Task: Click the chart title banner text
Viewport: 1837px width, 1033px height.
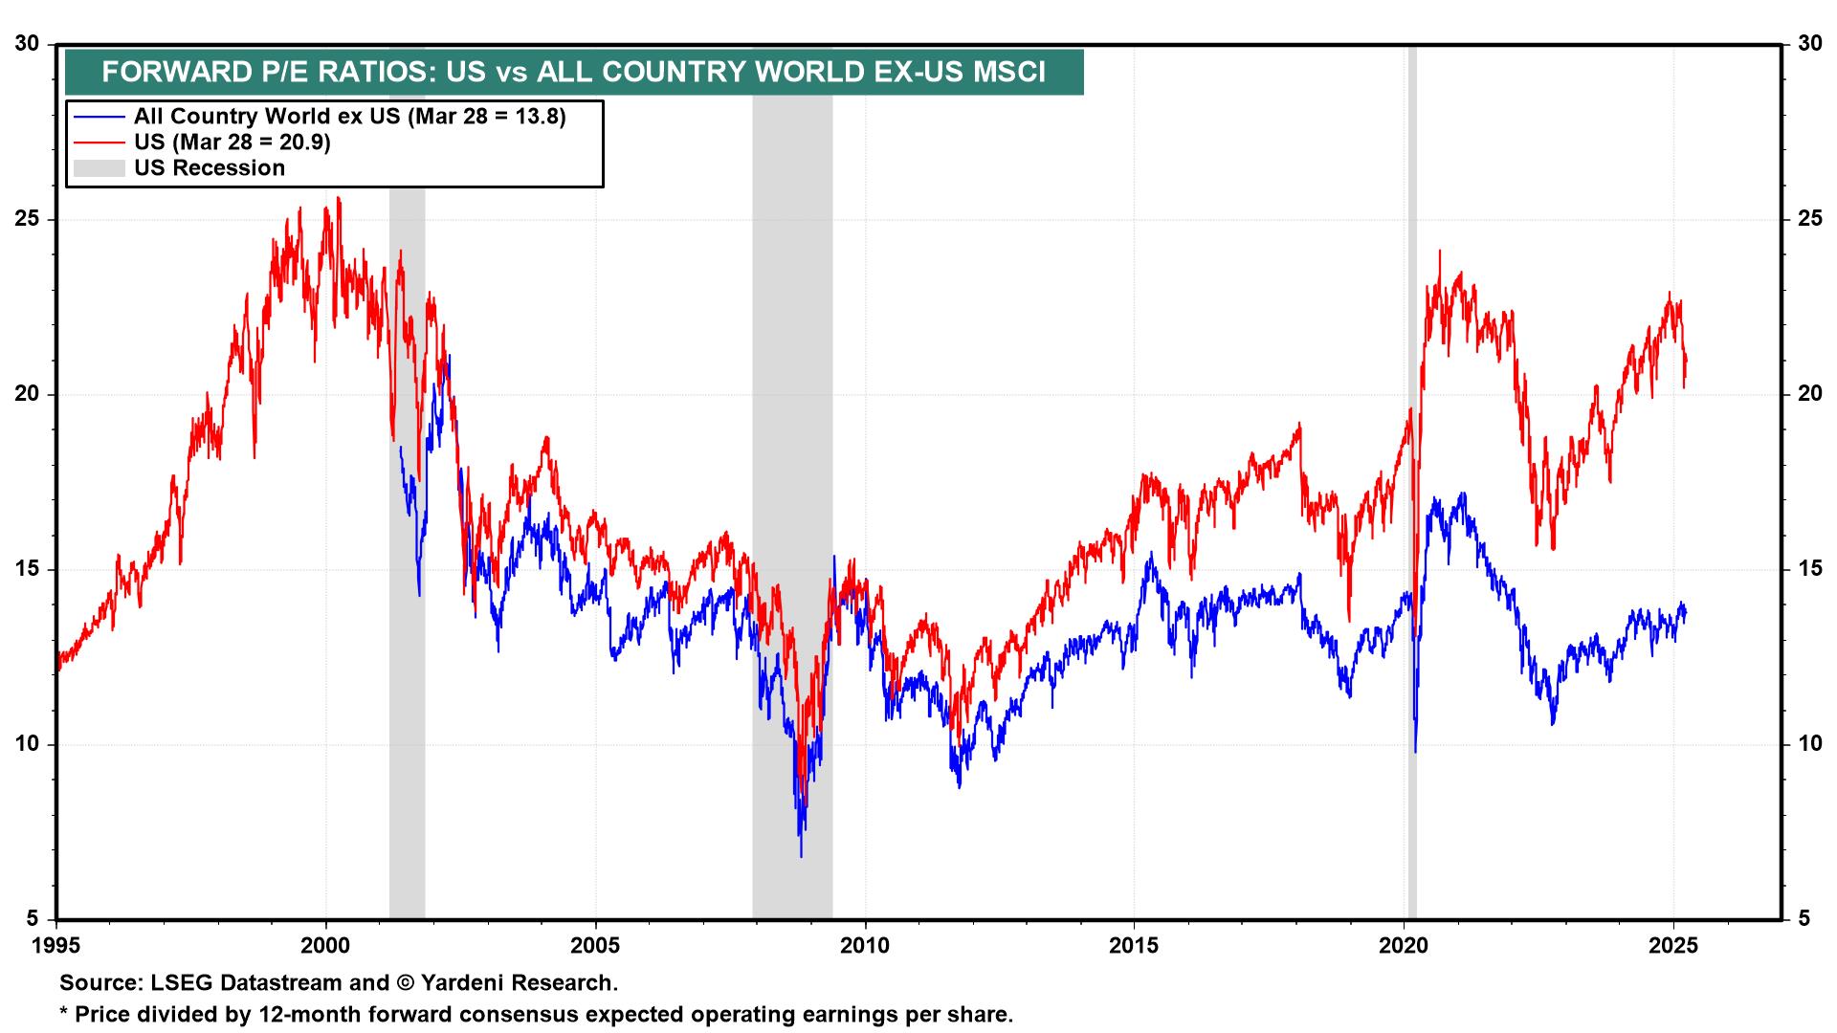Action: pyautogui.click(x=573, y=73)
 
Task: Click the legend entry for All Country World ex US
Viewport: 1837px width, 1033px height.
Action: pyautogui.click(x=349, y=117)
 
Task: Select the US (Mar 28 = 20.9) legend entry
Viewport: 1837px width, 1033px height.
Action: pyautogui.click(x=232, y=143)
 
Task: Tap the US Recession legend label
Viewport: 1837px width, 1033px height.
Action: pyautogui.click(x=210, y=168)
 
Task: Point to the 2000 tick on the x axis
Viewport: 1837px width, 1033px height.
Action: pyautogui.click(x=326, y=947)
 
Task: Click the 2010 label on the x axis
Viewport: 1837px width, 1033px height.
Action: pyautogui.click(x=865, y=947)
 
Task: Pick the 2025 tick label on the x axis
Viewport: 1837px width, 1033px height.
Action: pyautogui.click(x=1673, y=947)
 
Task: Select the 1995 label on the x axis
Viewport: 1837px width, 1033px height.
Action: pyautogui.click(x=56, y=947)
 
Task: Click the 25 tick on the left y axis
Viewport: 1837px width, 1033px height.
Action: pyautogui.click(x=30, y=219)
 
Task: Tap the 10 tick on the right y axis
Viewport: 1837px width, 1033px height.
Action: pyautogui.click(x=1808, y=744)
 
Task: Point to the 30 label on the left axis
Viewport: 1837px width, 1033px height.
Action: pyautogui.click(x=30, y=44)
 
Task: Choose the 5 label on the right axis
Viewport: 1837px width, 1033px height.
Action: pyautogui.click(x=1804, y=919)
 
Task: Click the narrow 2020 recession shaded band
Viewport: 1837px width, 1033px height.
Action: pyautogui.click(x=1411, y=478)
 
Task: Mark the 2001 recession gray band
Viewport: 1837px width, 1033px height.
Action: pyautogui.click(x=407, y=574)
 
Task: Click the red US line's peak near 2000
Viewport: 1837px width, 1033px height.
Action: pyautogui.click(x=339, y=199)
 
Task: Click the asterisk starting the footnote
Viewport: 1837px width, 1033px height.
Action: pyautogui.click(x=64, y=1012)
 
